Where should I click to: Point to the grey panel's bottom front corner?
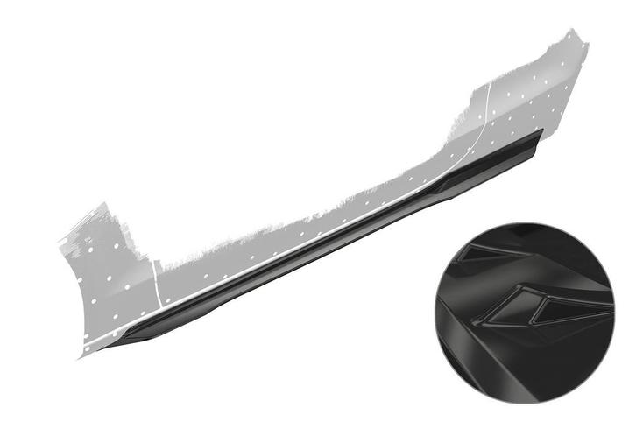(x=81, y=354)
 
